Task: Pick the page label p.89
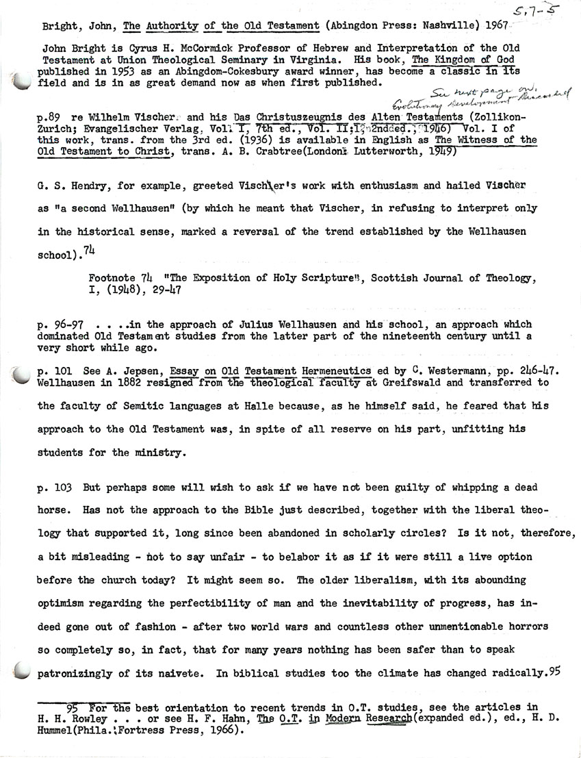point(51,118)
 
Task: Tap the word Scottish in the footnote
point(357,279)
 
